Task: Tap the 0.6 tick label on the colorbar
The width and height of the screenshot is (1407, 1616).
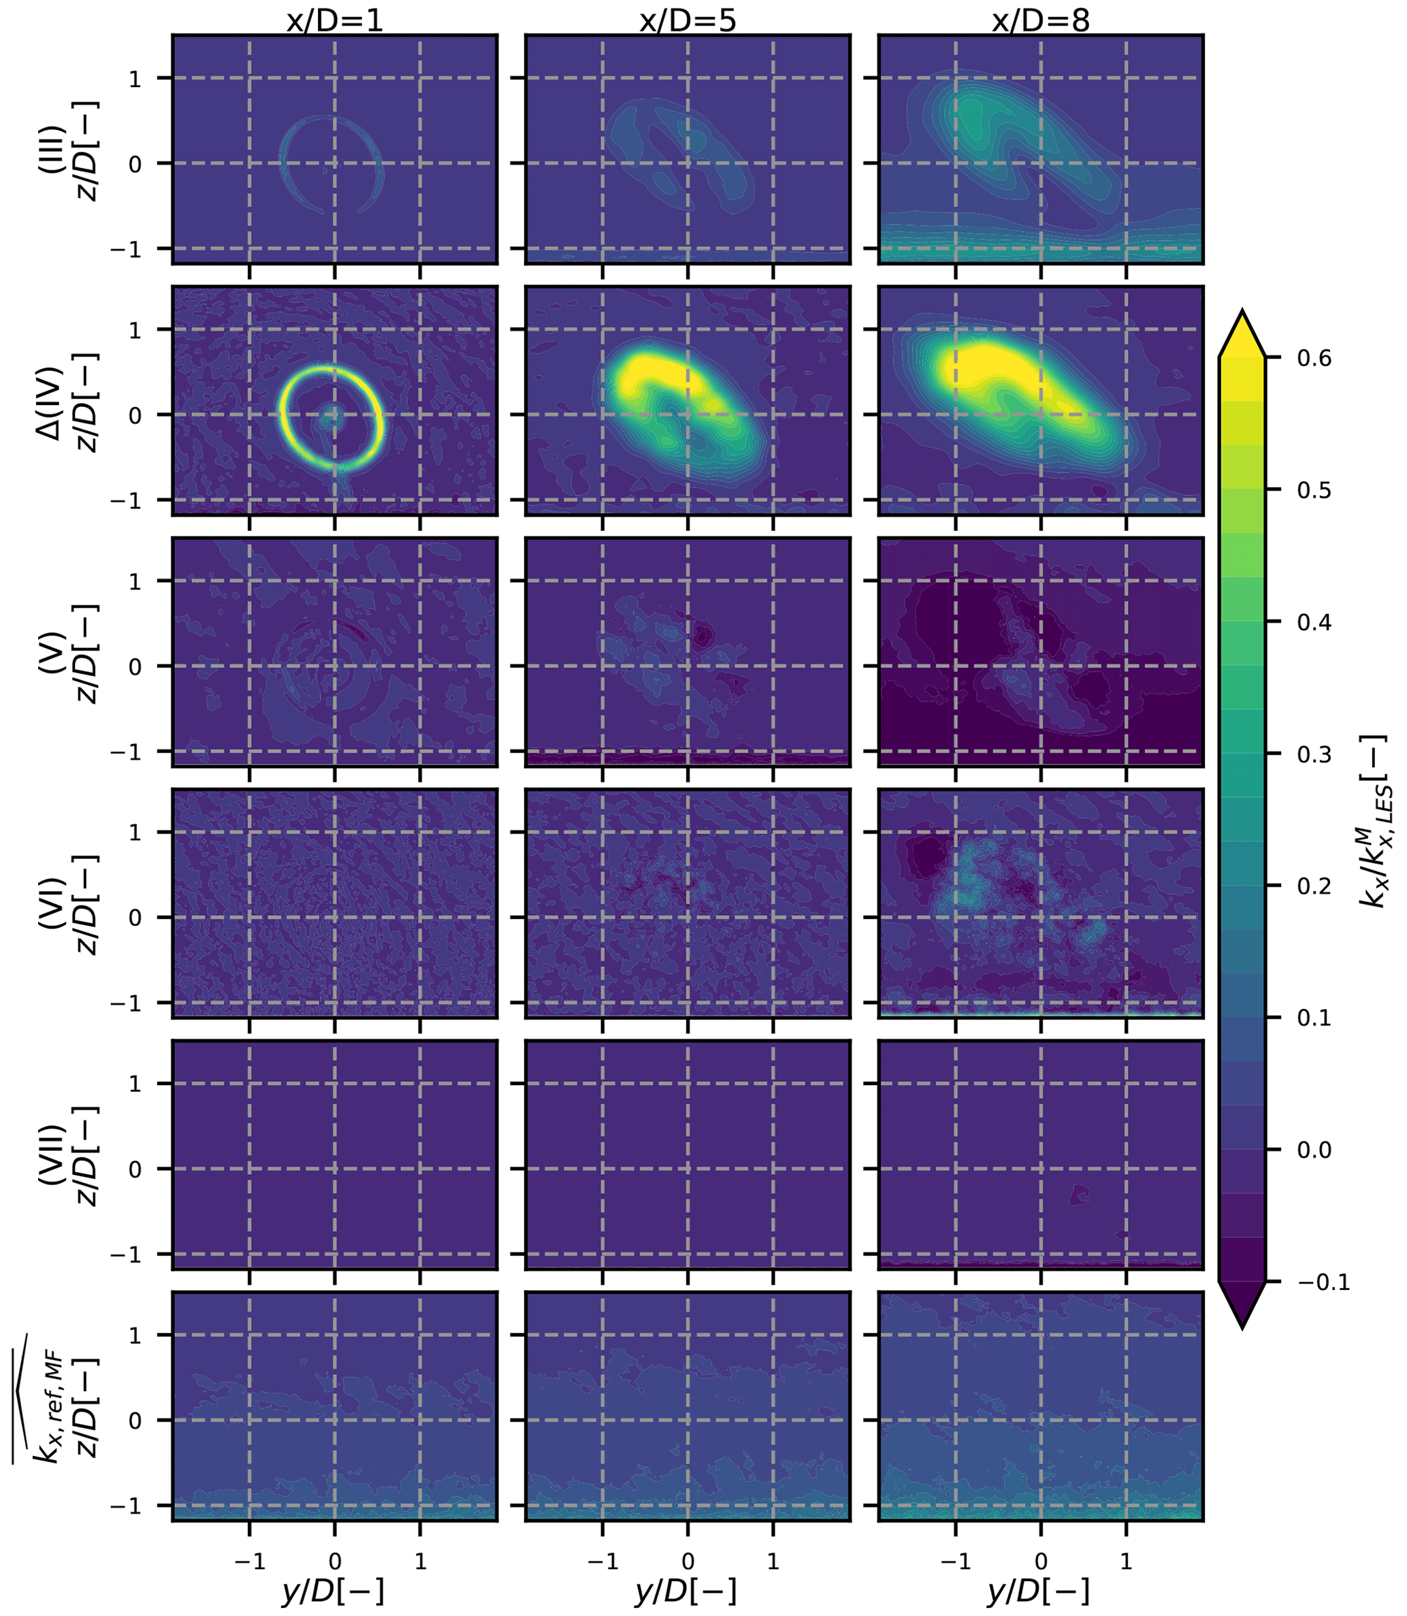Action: point(1314,358)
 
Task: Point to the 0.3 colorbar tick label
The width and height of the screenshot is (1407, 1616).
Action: point(1314,754)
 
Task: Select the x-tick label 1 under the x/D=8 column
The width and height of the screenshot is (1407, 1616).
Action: point(1126,1561)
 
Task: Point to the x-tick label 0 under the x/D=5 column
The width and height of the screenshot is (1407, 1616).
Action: point(688,1561)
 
